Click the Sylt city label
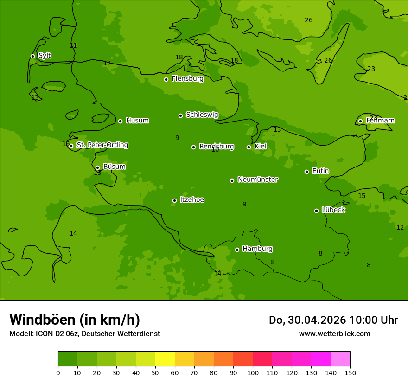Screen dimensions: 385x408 pos(45,56)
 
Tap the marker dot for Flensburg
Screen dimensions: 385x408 pos(166,79)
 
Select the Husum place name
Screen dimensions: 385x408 pos(137,121)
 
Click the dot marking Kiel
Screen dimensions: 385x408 pos(249,147)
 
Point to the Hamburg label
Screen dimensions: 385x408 pos(257,249)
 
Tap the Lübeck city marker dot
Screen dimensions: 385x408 pos(316,211)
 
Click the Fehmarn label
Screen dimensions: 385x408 pos(380,121)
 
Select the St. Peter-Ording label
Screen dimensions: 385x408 pos(102,145)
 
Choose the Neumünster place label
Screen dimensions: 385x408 pos(257,180)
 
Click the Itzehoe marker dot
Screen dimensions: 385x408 pos(174,200)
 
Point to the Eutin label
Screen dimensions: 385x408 pos(320,171)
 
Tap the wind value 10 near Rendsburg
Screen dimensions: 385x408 pos(215,150)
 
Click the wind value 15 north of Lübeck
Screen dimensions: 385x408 pos(362,196)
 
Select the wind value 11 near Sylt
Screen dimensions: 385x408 pos(73,45)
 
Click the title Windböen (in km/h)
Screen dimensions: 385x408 pos(75,320)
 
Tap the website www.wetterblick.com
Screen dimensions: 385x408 pos(334,334)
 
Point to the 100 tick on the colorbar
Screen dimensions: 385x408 pos(253,372)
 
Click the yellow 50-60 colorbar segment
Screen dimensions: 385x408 pos(165,359)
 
